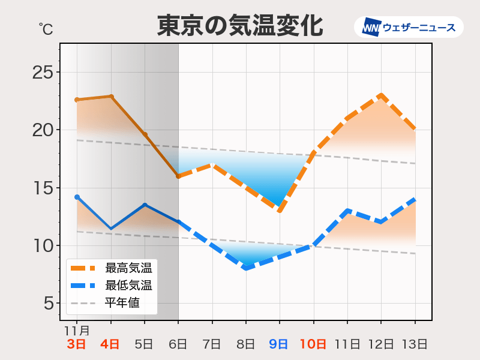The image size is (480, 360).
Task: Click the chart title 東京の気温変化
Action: tap(240, 26)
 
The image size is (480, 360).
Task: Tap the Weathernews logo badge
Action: tap(409, 27)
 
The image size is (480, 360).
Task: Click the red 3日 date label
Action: tap(76, 344)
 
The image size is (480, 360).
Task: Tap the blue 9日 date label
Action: tap(279, 344)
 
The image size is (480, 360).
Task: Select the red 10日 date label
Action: tap(313, 344)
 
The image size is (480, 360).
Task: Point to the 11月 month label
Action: tap(77, 330)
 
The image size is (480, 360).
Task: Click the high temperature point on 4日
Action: tap(111, 96)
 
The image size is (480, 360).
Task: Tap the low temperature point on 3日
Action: tap(77, 197)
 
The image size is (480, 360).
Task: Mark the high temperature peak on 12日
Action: tap(381, 95)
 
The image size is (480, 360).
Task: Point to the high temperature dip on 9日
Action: tap(280, 211)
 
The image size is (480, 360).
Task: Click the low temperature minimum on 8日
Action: tap(246, 268)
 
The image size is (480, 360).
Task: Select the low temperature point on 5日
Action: tap(145, 205)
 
